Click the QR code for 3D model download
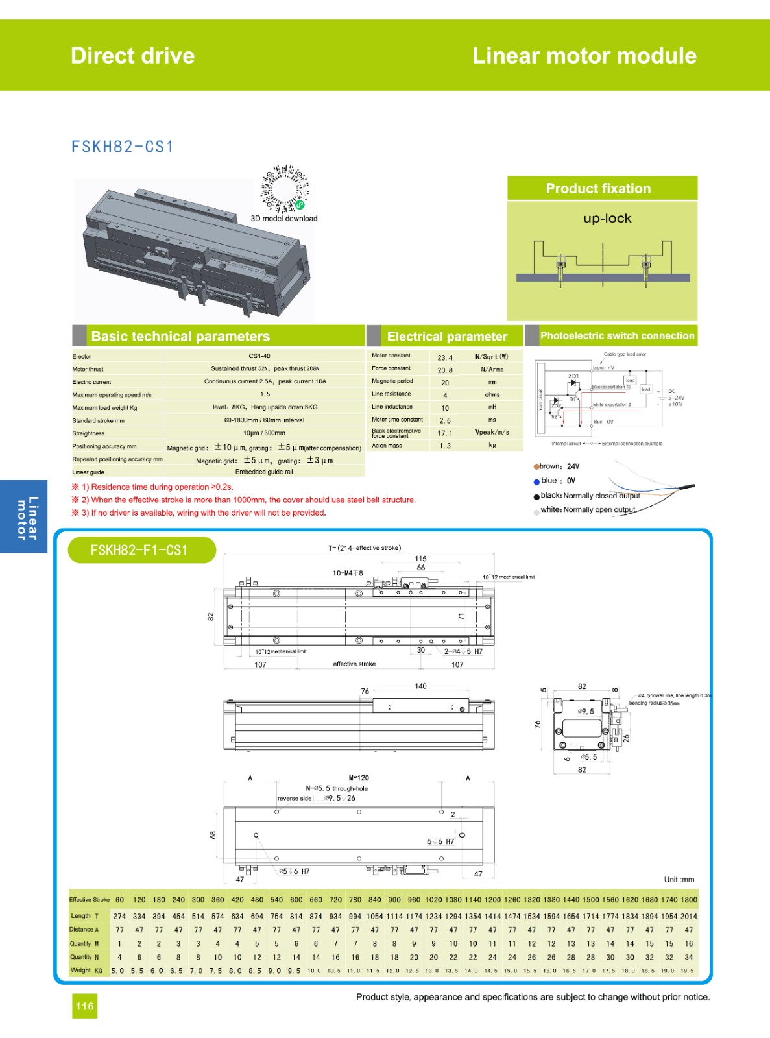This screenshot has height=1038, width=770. (285, 189)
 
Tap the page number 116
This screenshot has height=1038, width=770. (84, 1006)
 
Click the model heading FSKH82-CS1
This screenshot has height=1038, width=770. (123, 147)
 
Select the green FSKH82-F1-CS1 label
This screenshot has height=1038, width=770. (139, 550)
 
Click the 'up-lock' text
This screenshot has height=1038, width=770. (607, 219)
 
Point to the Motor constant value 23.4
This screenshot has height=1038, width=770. (445, 357)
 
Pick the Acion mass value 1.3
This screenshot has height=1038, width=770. (445, 446)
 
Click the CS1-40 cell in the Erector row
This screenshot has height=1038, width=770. (259, 356)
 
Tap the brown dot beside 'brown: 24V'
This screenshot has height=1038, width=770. (536, 466)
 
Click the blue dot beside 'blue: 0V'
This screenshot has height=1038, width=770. (536, 481)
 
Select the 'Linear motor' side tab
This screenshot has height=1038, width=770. (25, 517)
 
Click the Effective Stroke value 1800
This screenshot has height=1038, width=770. (689, 900)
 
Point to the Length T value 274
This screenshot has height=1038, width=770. (119, 916)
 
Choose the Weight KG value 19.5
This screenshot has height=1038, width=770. (688, 971)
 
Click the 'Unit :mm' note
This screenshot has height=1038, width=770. (679, 880)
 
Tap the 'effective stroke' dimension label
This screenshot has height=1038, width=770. (354, 664)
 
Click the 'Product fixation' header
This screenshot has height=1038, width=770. (598, 189)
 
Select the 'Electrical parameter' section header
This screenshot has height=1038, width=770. (447, 336)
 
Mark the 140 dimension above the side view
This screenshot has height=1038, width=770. (420, 686)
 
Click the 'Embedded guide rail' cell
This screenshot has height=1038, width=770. (264, 472)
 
